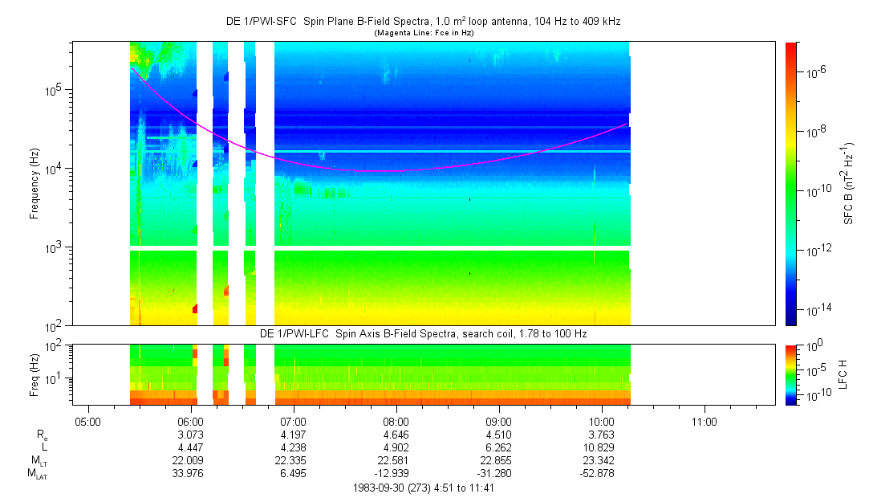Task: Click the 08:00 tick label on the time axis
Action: click(x=396, y=420)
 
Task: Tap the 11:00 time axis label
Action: click(x=704, y=420)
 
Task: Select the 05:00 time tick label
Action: click(x=87, y=420)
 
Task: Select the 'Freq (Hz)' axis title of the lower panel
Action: click(x=35, y=373)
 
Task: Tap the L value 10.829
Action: click(x=601, y=447)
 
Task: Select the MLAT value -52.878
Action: click(x=601, y=472)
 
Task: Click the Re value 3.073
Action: click(x=190, y=434)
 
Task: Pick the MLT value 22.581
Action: click(x=396, y=459)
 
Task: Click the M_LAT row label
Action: click(x=37, y=473)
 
